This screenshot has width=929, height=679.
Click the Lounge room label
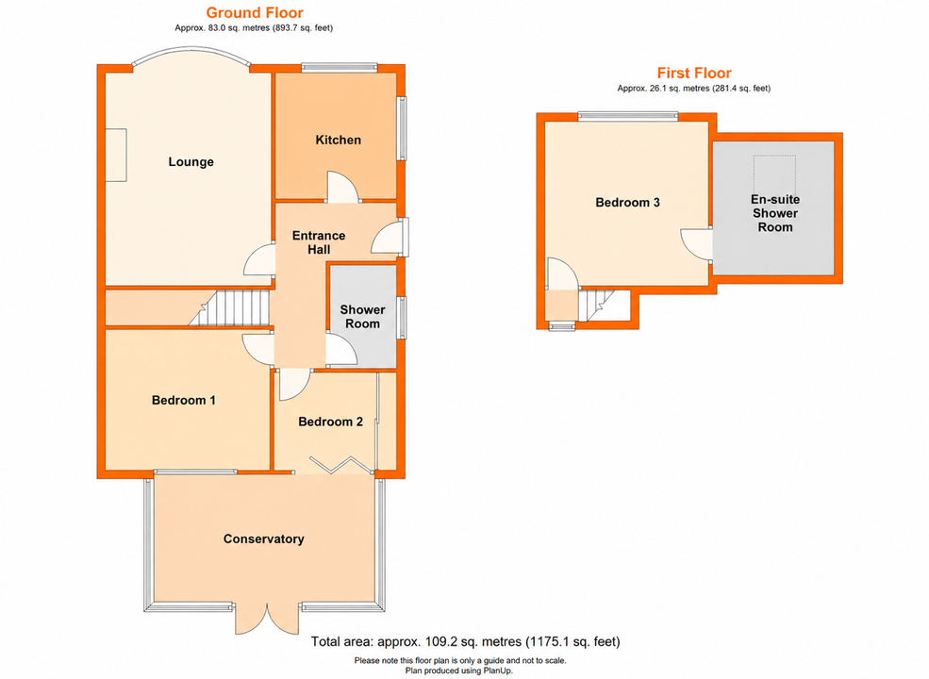click(x=191, y=162)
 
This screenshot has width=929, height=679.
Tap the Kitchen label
click(x=338, y=140)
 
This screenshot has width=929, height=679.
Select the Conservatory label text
click(x=264, y=538)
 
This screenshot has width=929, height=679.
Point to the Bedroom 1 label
click(x=184, y=400)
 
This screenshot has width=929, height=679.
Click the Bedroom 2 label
click(x=331, y=422)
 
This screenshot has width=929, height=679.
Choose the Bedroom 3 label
click(x=627, y=202)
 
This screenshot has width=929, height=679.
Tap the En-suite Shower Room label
click(x=775, y=213)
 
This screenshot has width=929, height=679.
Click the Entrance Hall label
click(x=319, y=242)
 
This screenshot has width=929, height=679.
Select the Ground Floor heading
click(x=255, y=12)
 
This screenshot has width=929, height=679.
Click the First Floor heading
click(x=694, y=73)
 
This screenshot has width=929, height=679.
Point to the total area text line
click(x=466, y=641)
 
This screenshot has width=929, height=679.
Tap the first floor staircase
click(x=597, y=305)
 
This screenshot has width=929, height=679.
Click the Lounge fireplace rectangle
click(x=116, y=155)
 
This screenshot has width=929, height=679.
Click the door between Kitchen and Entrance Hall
click(x=342, y=188)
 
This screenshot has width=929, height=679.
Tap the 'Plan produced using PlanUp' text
click(x=459, y=671)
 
